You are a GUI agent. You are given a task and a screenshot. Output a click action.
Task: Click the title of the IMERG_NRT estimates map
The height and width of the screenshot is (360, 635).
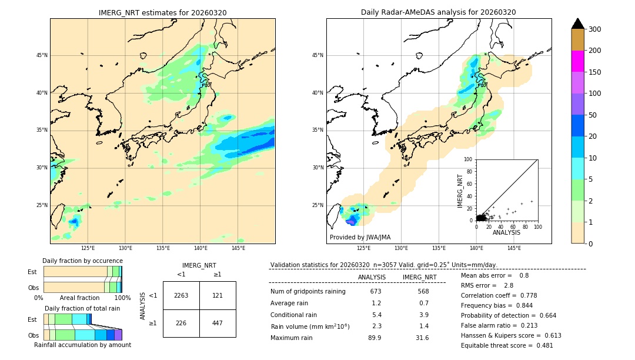pos(162,12)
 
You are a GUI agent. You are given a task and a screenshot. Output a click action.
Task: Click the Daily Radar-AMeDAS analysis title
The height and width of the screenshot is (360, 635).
pos(438,12)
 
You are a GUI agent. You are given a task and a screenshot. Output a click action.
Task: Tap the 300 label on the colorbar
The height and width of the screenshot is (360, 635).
pos(594,29)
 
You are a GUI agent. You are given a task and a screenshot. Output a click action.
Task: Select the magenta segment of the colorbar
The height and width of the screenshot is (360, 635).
pos(578,61)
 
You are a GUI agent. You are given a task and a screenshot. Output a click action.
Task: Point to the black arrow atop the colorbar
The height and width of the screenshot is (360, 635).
pos(578,24)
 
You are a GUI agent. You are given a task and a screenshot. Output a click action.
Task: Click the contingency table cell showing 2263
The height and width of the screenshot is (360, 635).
pos(181,295)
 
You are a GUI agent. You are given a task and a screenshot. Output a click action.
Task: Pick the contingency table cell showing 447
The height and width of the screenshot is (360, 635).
pos(218,323)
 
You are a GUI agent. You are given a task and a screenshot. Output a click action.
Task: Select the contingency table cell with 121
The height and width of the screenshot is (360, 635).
pos(218,295)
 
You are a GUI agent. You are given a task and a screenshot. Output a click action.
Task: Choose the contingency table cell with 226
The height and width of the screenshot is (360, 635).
pos(181,323)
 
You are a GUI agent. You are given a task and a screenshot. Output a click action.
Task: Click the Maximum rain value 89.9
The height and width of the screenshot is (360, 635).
pos(375,338)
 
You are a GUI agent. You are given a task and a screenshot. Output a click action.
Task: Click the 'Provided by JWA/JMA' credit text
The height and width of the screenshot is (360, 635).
pos(360,238)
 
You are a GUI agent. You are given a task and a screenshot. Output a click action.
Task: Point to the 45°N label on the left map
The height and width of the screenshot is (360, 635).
pos(42,55)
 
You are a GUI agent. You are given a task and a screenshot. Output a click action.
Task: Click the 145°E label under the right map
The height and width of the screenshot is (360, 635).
pos(514,248)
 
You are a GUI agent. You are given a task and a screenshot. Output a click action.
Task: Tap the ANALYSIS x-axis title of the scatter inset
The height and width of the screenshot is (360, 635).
pos(506,232)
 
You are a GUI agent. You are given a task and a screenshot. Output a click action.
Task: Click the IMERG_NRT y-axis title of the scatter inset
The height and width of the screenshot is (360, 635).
pos(461,189)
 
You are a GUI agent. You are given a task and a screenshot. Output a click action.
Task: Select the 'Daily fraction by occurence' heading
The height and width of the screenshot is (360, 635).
pos(82,261)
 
